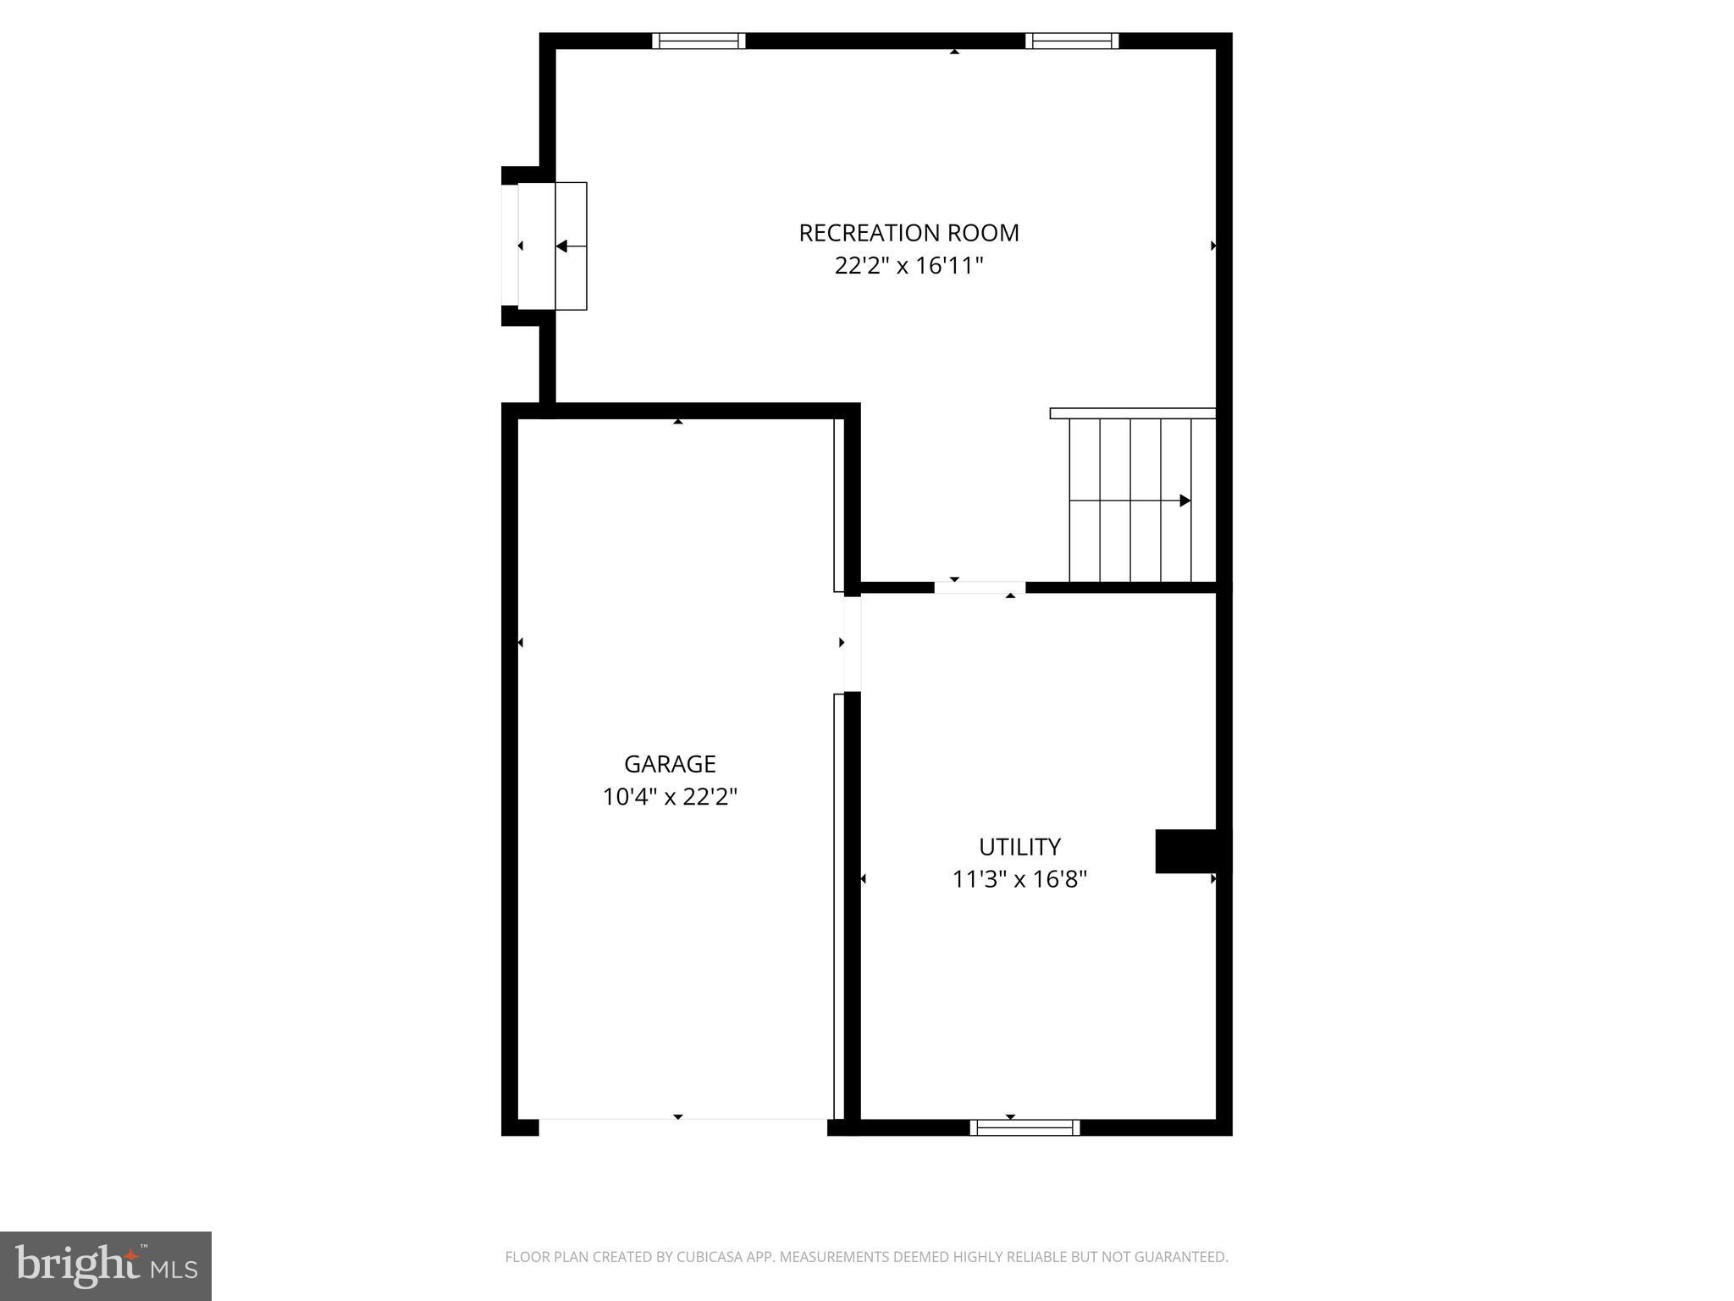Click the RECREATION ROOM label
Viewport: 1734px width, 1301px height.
point(908,233)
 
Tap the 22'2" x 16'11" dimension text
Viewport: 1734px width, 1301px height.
point(908,266)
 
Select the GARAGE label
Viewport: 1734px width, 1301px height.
point(670,764)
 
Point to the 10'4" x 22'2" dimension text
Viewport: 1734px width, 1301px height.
point(670,797)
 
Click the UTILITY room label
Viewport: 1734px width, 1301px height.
point(1019,847)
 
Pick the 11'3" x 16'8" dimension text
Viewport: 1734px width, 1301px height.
point(1019,879)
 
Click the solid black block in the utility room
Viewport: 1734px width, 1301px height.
point(1187,851)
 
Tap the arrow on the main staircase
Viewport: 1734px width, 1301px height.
point(1185,501)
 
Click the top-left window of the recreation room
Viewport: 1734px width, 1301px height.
point(699,41)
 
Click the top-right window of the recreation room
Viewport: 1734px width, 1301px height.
point(1072,41)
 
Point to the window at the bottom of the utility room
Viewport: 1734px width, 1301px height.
point(1024,1127)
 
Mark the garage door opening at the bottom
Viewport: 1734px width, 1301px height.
point(682,1127)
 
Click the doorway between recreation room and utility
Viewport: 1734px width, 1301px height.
point(980,587)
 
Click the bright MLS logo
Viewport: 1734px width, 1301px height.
point(106,1266)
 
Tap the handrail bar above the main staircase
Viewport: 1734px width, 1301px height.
point(1132,413)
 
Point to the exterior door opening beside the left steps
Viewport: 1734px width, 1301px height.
point(510,246)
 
